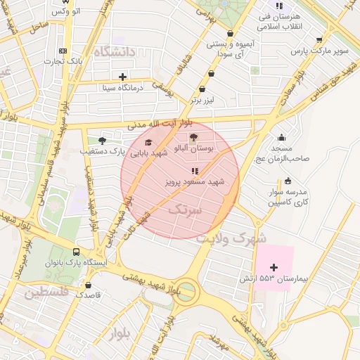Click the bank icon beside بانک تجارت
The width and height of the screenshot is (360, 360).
(x=63, y=51)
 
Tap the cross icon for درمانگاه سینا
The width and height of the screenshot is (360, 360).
(x=123, y=77)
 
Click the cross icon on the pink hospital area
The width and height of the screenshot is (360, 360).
(x=274, y=267)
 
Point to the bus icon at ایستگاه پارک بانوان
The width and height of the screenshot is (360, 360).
(x=76, y=252)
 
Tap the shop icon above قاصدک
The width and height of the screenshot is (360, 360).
(x=88, y=285)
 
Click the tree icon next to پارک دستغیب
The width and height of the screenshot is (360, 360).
(x=103, y=141)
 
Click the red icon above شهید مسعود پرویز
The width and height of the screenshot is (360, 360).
(x=195, y=171)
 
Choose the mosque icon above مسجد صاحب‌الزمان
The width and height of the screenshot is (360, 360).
(x=282, y=137)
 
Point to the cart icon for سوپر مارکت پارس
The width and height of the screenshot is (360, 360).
(x=320, y=40)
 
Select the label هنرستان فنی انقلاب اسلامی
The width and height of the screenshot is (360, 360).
(x=279, y=21)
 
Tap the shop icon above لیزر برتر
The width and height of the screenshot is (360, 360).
(x=202, y=89)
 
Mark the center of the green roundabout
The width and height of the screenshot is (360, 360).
(x=187, y=289)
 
